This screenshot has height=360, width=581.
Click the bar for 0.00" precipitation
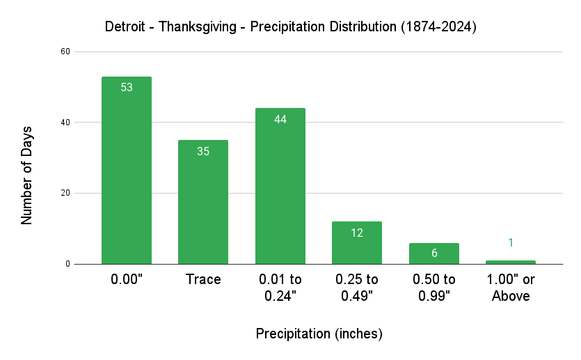pos(127,171)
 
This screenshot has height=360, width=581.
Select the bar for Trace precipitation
pos(203,202)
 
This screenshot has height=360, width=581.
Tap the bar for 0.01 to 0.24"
pos(280,186)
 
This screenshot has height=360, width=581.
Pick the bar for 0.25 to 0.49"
pos(357,243)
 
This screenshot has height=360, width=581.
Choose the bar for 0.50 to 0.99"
pos(433,253)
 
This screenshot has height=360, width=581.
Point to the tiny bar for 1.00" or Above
pos(511,262)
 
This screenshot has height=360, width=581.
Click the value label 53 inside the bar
pos(127,88)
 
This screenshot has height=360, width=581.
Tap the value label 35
pos(203,151)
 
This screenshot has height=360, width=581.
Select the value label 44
pos(280,119)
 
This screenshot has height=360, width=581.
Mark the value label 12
pos(357,233)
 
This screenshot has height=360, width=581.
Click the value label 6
pos(433,253)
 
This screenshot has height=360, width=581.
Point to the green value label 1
pos(511,242)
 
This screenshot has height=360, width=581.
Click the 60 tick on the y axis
pos(65,52)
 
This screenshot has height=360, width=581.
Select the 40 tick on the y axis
pos(65,123)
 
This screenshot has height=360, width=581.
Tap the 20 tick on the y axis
pos(65,193)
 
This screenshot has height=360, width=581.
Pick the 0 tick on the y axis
pos(68,264)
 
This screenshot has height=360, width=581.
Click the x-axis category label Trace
pos(203,280)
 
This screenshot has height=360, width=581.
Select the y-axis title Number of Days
pos(27,175)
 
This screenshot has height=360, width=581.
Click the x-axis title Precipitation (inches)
pos(319,334)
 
